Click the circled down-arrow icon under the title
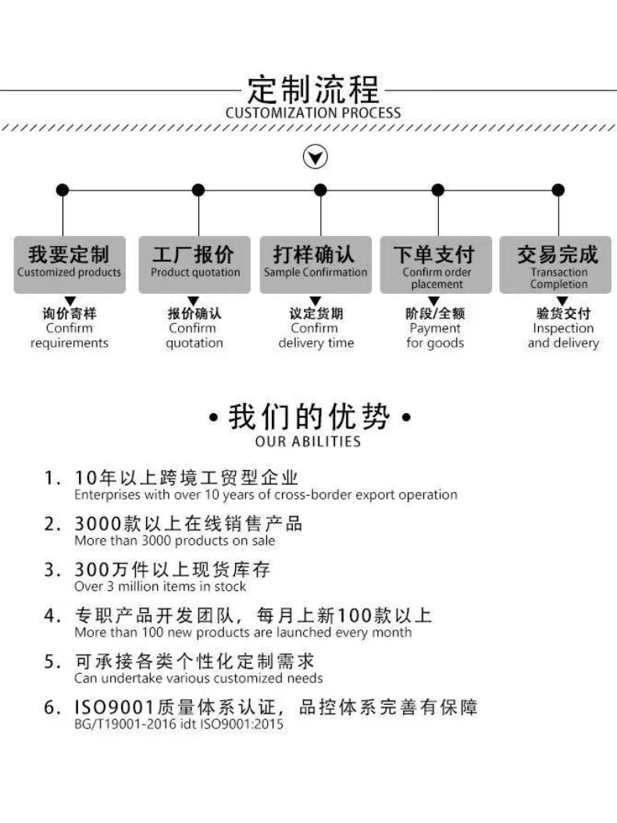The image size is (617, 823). click(315, 158)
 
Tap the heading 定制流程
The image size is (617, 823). click(312, 90)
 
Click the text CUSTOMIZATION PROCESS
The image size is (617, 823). click(312, 113)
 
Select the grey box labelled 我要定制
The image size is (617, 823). click(70, 264)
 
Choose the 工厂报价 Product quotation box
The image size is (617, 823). click(194, 264)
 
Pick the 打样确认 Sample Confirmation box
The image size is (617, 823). click(316, 264)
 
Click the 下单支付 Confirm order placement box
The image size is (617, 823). click(437, 264)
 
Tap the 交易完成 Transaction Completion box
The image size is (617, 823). click(558, 264)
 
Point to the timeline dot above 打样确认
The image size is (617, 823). click(320, 190)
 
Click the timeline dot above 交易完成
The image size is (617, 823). click(558, 190)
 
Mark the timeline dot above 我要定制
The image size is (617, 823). click(62, 190)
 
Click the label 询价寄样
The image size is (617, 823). click(70, 314)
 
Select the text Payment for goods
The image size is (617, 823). click(435, 336)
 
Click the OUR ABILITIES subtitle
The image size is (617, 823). click(308, 442)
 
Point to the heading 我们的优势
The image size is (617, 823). click(308, 417)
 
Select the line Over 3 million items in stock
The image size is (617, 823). click(160, 586)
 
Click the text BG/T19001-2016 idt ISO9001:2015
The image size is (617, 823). click(179, 725)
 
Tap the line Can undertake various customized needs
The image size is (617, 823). click(198, 679)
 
